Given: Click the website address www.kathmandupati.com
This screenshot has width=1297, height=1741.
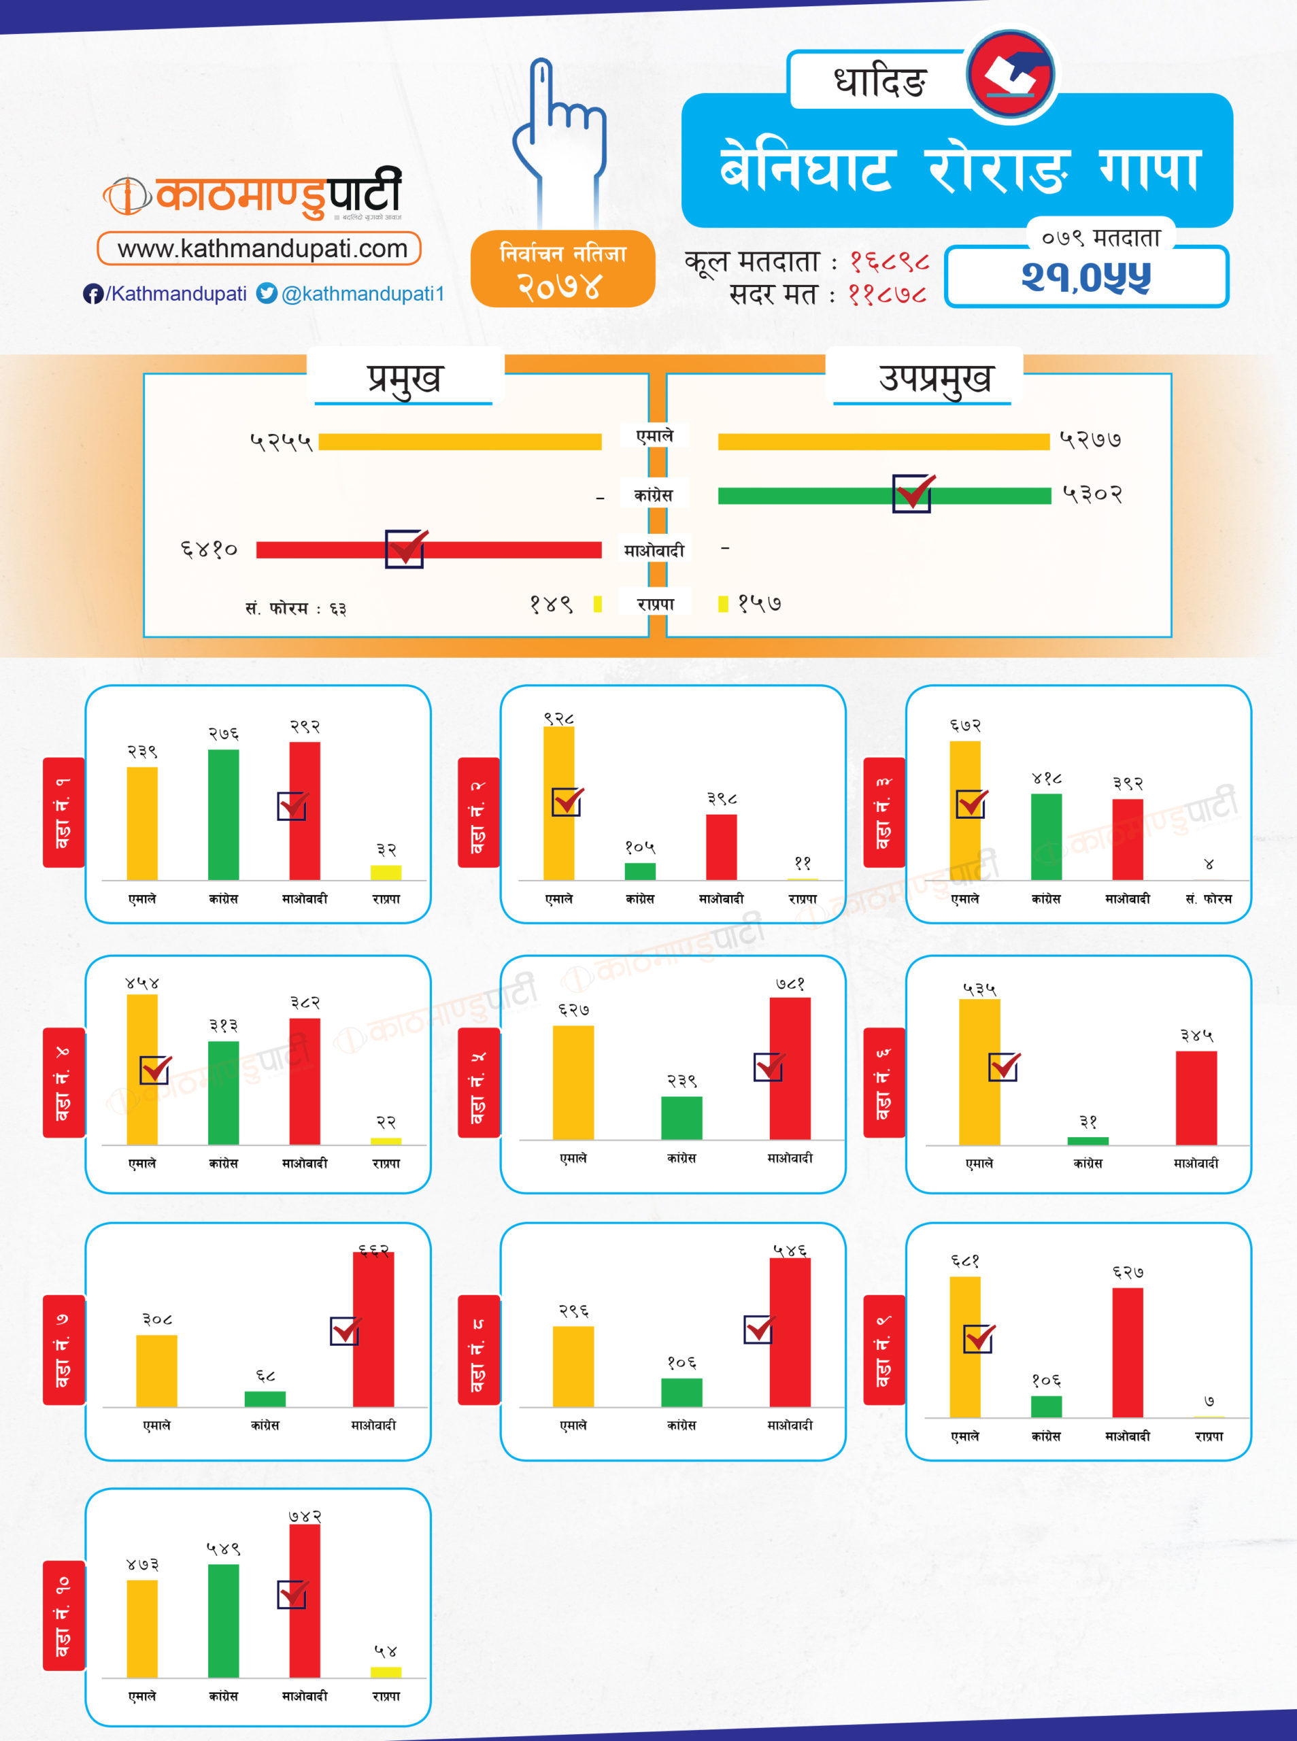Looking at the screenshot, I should [x=263, y=249].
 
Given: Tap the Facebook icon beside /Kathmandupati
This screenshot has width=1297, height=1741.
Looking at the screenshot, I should [x=92, y=294].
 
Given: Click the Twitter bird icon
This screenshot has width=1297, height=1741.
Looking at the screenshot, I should [x=267, y=293].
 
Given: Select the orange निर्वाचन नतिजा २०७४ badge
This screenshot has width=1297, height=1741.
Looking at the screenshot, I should [x=562, y=269].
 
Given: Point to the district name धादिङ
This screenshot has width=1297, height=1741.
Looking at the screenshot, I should [x=879, y=81].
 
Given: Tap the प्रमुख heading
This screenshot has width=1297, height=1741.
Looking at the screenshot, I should [x=404, y=378].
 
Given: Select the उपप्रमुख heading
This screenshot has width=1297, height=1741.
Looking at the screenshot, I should [x=934, y=378].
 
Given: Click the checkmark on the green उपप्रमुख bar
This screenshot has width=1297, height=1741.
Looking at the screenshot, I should [x=912, y=493].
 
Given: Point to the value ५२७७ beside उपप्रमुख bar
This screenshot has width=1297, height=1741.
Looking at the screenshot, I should [x=1090, y=439].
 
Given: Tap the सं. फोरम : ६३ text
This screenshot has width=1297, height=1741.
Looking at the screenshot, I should [x=295, y=608].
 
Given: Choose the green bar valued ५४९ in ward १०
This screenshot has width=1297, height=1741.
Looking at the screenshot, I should [x=223, y=1620].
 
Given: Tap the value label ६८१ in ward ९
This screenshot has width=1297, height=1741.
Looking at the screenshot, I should [x=965, y=1262].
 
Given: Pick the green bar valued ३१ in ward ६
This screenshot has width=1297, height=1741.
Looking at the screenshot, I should [x=1088, y=1140].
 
